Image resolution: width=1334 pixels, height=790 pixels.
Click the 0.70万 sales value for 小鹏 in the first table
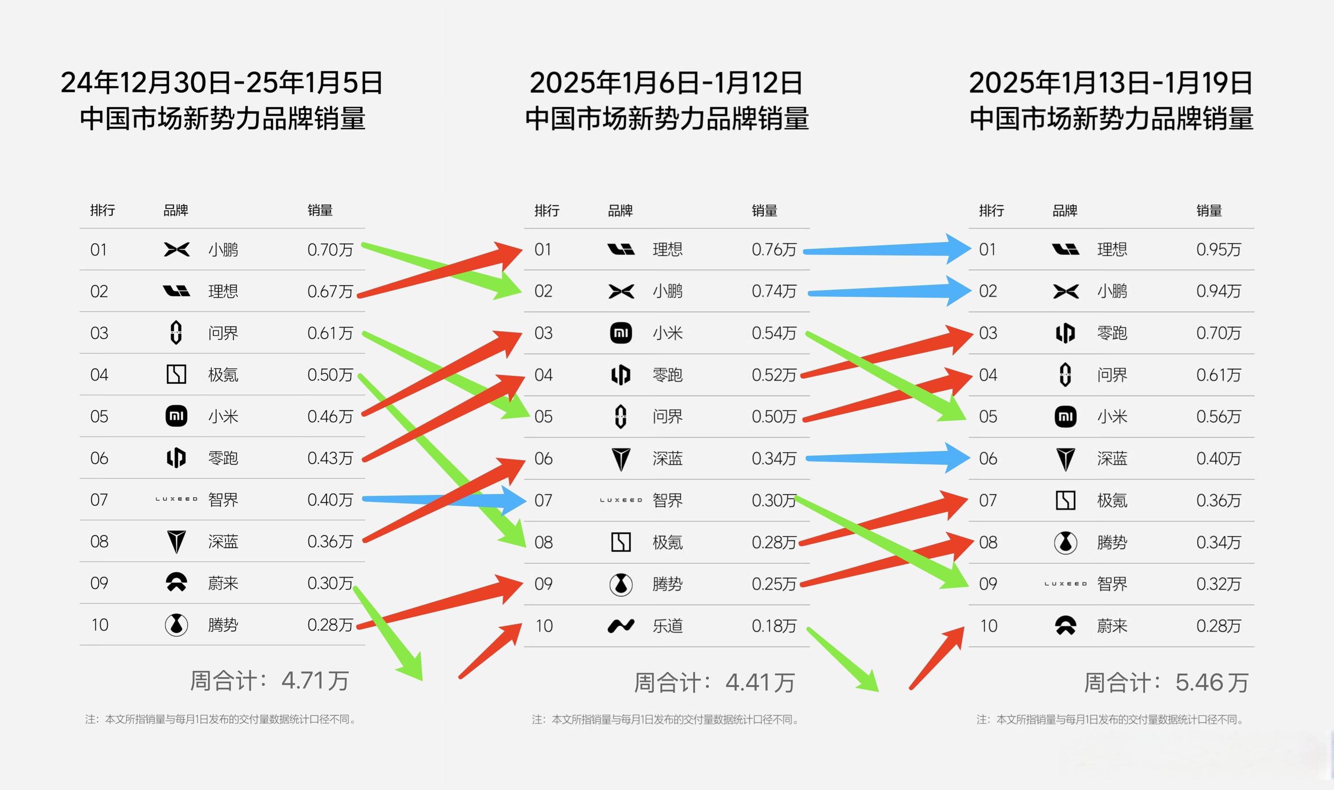pyautogui.click(x=330, y=250)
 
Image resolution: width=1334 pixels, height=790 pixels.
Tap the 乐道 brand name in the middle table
pyautogui.click(x=667, y=626)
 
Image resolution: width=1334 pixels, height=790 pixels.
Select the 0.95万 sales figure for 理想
pyautogui.click(x=1218, y=250)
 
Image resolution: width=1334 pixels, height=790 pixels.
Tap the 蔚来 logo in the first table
pyautogui.click(x=177, y=583)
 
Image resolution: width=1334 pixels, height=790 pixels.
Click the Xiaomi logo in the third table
pyautogui.click(x=1065, y=416)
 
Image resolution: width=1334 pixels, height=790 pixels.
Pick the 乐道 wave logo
pyautogui.click(x=621, y=626)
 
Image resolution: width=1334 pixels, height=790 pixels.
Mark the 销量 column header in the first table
pyautogui.click(x=320, y=210)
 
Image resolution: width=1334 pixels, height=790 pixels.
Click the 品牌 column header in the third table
pyautogui.click(x=1065, y=211)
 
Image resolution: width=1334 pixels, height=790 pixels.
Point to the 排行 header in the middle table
pyautogui.click(x=546, y=211)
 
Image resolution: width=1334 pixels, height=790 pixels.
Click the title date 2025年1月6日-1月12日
pyautogui.click(x=666, y=83)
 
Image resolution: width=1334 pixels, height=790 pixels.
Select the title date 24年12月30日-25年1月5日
pyautogui.click(x=221, y=83)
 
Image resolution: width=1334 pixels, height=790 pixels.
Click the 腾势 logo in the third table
pyautogui.click(x=1065, y=543)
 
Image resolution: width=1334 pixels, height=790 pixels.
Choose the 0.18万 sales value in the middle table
pyautogui.click(x=774, y=626)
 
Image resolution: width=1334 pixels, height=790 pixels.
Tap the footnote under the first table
pyautogui.click(x=221, y=720)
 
